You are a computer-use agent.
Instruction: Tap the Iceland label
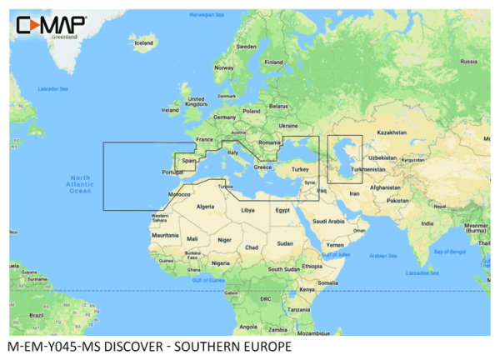(145, 42)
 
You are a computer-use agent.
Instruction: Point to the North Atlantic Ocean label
(79, 184)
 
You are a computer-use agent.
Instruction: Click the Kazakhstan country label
(391, 132)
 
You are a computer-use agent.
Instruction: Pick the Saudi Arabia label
(328, 221)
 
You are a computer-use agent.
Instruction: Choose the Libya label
(247, 210)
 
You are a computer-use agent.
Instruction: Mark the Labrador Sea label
(52, 88)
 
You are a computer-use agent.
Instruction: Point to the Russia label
(468, 62)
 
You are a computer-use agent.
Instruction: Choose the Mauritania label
(165, 235)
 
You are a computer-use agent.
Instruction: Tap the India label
(427, 222)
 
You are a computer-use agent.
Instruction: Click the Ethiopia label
(312, 265)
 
